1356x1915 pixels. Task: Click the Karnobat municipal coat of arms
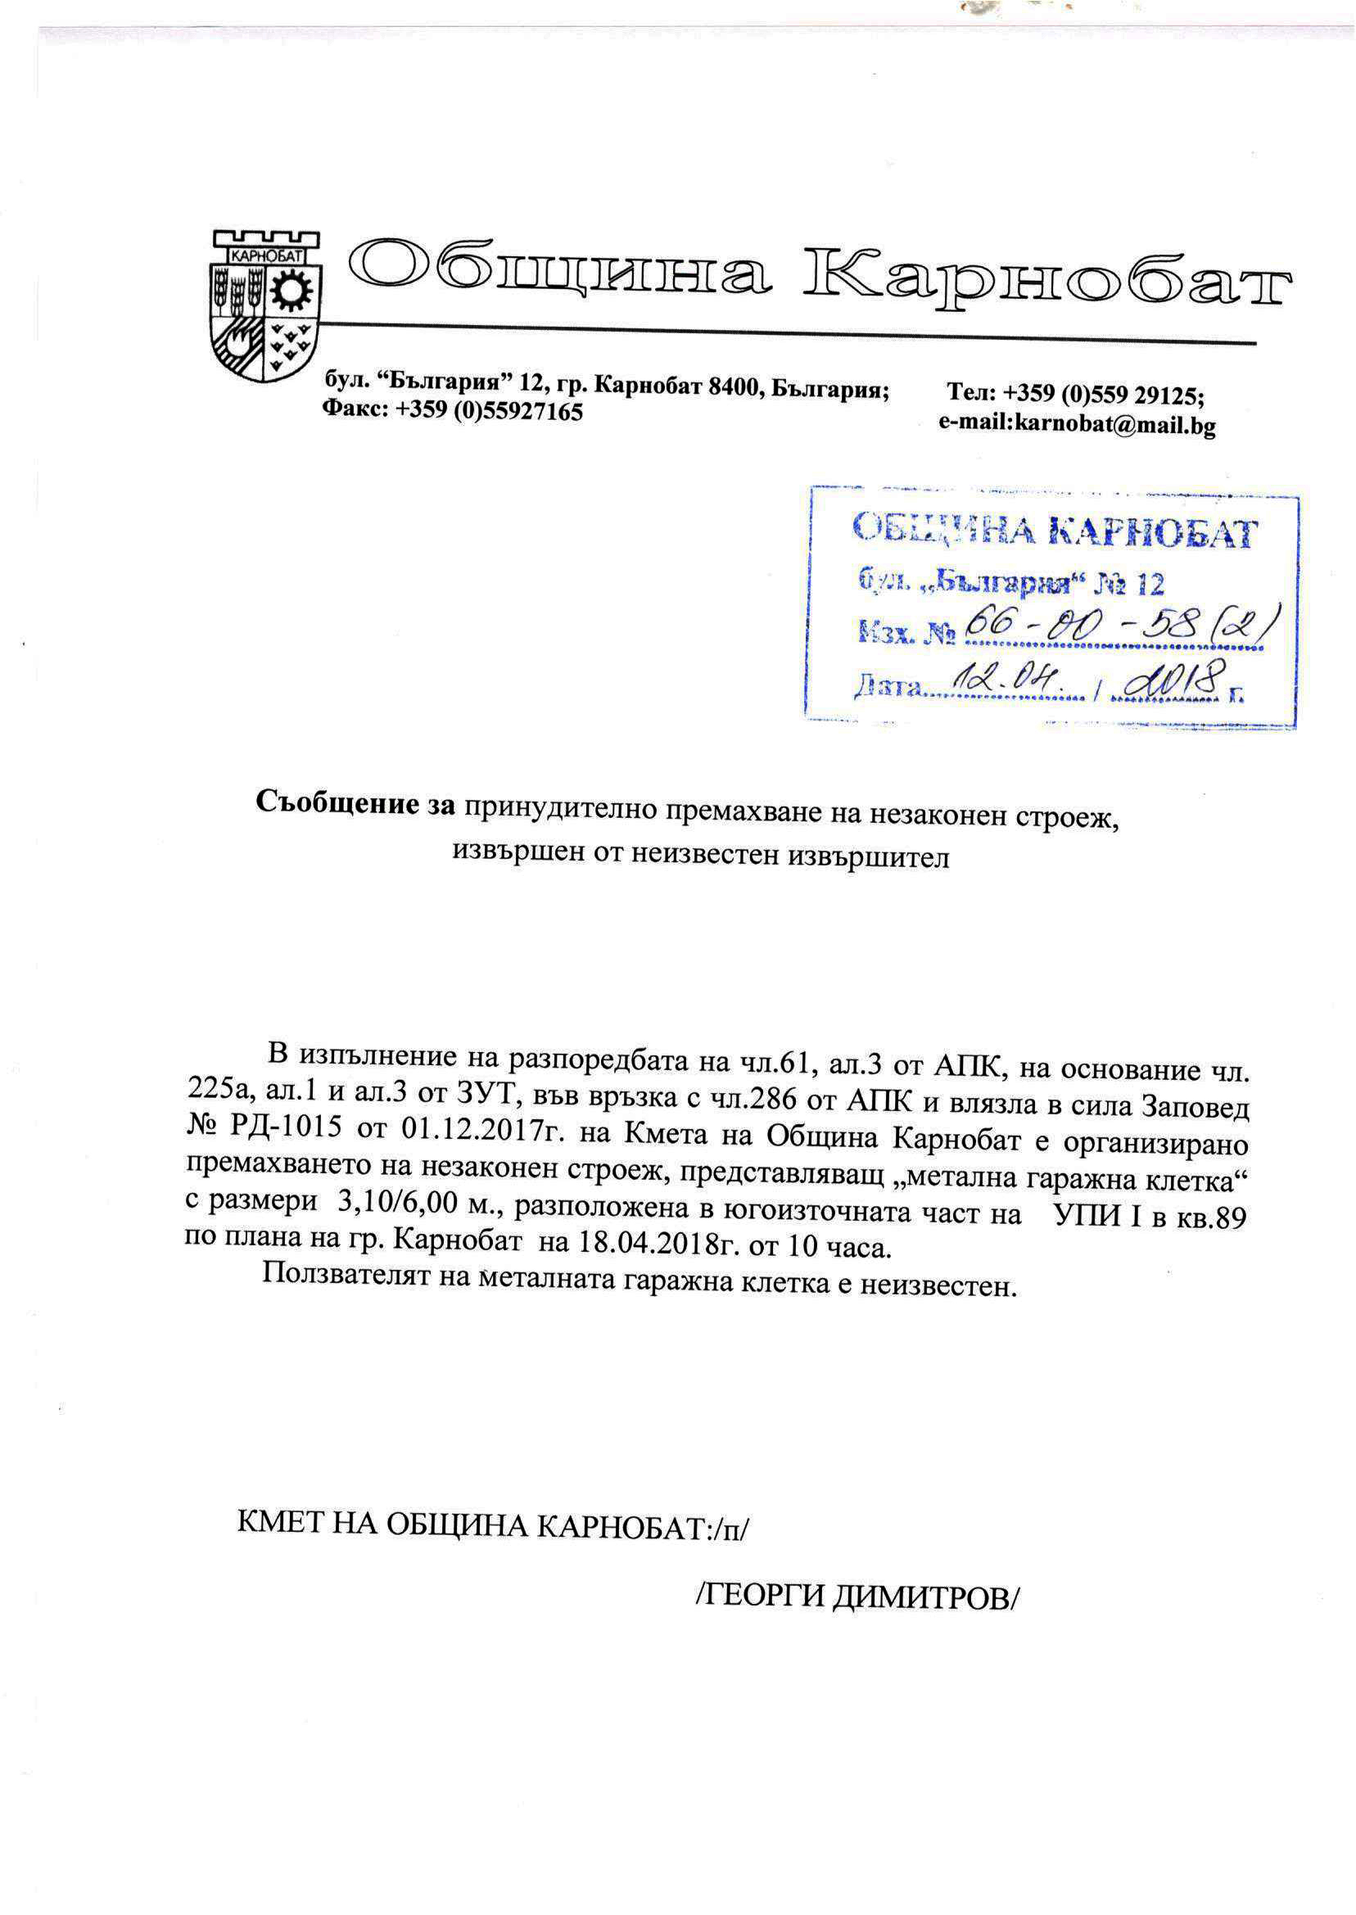pos(264,305)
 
